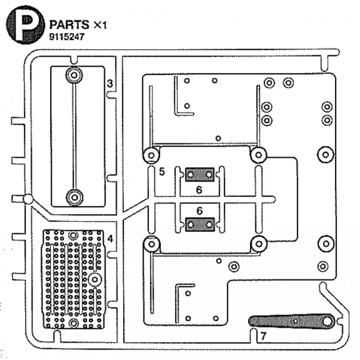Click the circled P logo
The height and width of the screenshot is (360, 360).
(25, 25)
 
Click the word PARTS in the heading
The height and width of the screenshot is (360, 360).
(69, 25)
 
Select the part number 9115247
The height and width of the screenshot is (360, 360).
(67, 37)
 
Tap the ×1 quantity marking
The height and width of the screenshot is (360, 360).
(100, 25)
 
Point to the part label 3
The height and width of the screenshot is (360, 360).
(110, 84)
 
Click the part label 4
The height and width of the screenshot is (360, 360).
(110, 239)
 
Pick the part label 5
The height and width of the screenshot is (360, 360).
(162, 172)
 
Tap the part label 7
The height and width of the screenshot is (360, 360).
(263, 336)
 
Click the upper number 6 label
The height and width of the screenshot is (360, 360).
(199, 190)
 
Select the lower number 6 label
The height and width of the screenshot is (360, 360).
(199, 211)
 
